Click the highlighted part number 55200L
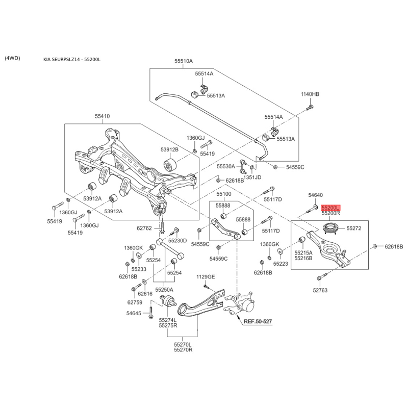[330, 208]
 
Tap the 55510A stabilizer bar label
[184, 61]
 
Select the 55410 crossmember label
[103, 116]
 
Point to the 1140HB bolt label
[310, 94]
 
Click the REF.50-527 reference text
[258, 321]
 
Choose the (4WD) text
[12, 58]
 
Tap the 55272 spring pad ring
[330, 228]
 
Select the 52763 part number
[320, 290]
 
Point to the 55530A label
[226, 166]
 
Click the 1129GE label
[206, 276]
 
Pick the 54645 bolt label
[134, 313]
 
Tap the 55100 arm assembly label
[224, 194]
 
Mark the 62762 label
[144, 228]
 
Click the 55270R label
[183, 350]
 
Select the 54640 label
[315, 195]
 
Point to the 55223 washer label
[280, 264]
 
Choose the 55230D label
[177, 241]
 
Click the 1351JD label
[252, 177]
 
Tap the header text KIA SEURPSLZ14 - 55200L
[72, 59]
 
